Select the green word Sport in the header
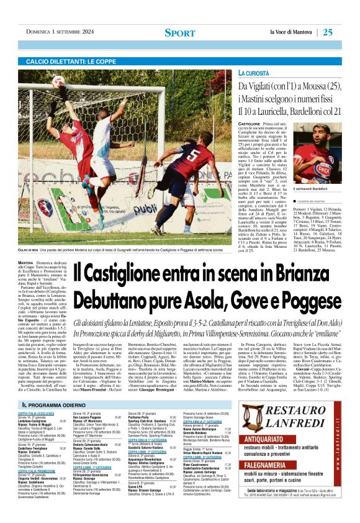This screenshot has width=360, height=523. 179,32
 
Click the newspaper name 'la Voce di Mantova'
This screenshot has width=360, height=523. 289,32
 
